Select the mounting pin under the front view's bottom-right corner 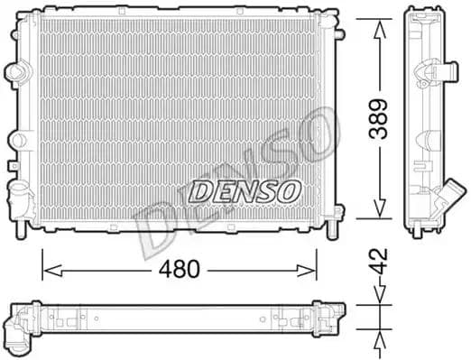337,220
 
